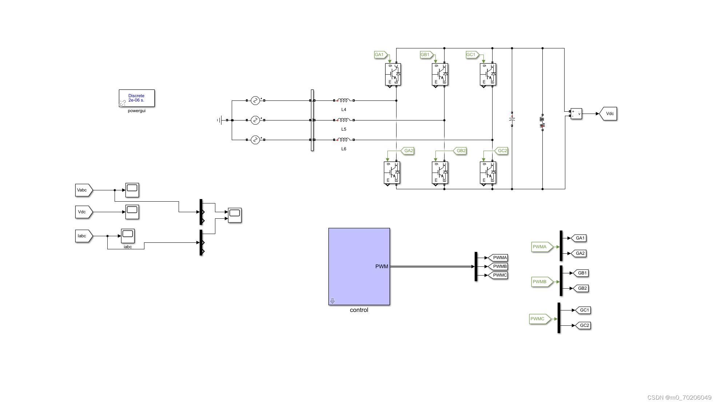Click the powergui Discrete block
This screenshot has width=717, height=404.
coord(136,98)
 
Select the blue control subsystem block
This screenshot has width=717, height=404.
coord(359,266)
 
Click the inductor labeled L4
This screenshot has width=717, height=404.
coord(344,100)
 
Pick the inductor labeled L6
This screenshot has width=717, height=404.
coord(344,140)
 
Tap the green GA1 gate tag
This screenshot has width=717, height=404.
coord(380,55)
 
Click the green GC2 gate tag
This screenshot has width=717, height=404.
coord(502,151)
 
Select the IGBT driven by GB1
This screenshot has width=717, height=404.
coord(440,75)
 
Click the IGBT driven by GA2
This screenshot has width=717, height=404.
coord(392,173)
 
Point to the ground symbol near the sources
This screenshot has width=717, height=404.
coord(220,120)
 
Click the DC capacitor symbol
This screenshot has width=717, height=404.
coord(512,119)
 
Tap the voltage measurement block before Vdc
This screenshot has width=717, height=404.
coord(576,114)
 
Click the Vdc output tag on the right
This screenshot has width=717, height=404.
coord(609,114)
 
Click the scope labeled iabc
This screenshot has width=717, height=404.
coord(128,235)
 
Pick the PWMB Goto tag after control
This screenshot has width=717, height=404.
coord(499,266)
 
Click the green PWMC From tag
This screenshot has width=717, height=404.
coord(539,319)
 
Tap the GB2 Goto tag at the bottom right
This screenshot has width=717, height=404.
coord(581,288)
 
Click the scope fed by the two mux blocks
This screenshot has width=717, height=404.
coord(235,215)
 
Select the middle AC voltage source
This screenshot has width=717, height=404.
coord(255,120)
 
